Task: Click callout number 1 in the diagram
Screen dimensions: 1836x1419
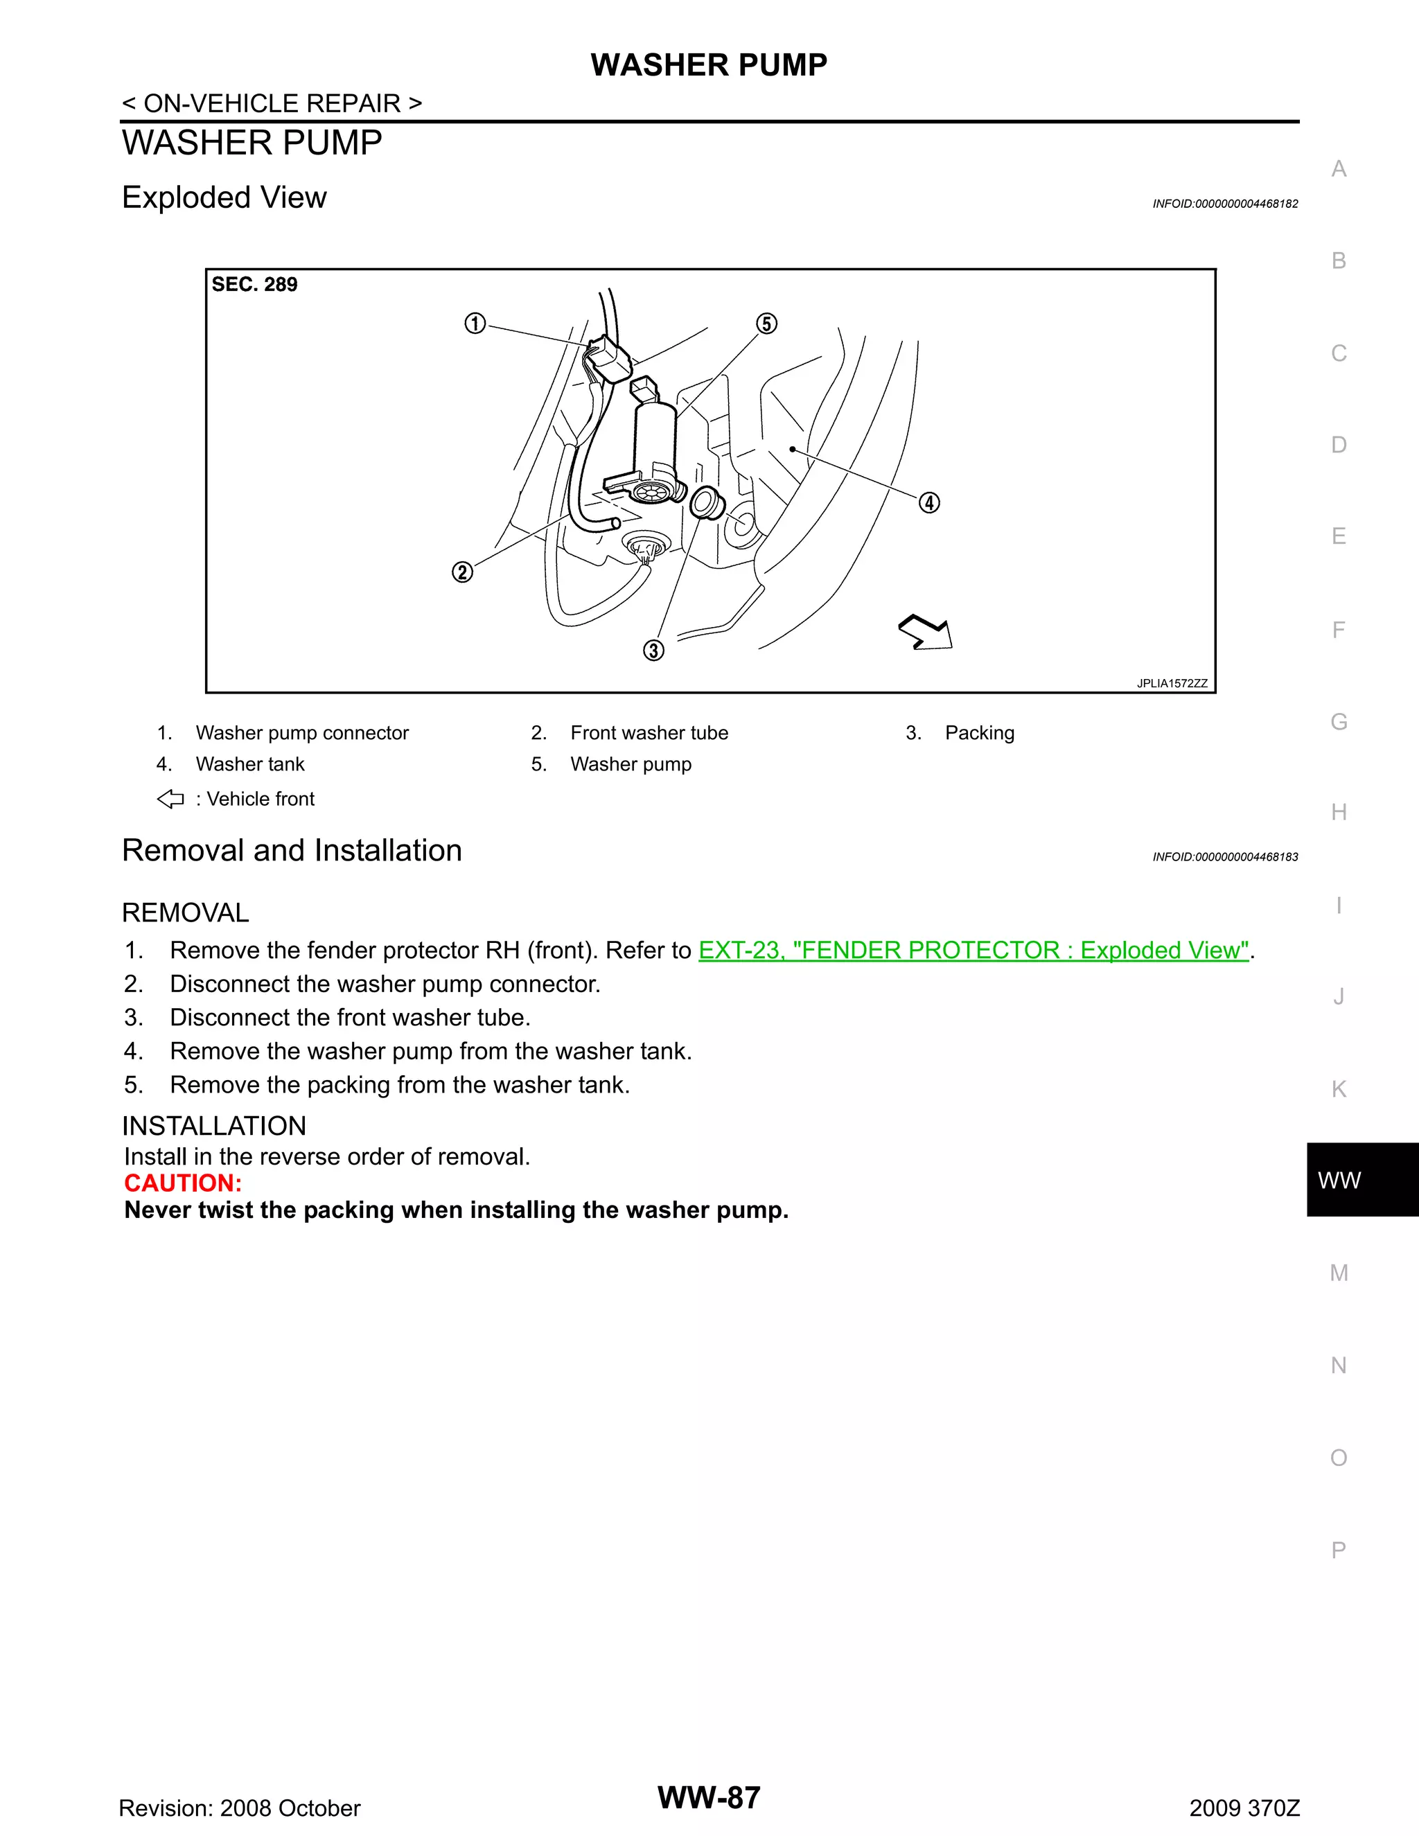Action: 475,324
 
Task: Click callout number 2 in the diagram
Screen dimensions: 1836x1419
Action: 462,572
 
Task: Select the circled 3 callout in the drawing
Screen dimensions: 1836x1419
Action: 653,650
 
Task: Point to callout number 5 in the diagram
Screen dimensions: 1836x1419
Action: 766,324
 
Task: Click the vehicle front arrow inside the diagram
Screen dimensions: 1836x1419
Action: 926,632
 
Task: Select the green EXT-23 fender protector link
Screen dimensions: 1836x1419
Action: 973,950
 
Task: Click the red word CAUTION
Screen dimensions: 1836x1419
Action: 183,1183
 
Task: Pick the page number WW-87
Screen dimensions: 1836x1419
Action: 709,1797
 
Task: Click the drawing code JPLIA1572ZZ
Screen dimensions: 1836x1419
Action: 1172,683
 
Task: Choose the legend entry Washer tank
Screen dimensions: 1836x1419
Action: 249,764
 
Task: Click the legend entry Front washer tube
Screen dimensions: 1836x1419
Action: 649,733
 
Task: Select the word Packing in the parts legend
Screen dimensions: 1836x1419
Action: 979,733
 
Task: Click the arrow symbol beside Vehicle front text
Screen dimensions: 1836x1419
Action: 170,799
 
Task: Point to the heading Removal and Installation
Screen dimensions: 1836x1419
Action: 292,851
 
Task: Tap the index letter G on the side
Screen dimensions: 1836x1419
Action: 1339,721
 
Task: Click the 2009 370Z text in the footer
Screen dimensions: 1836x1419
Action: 1244,1808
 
